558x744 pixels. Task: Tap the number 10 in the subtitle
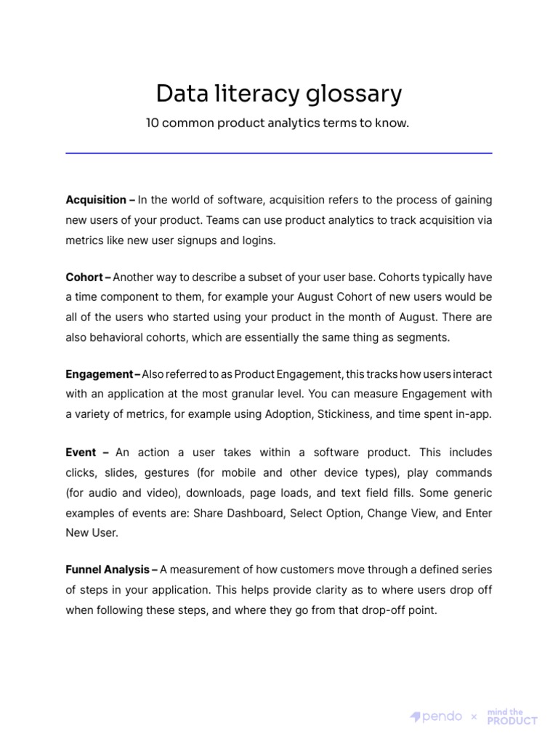[x=153, y=124]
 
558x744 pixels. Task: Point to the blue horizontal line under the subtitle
[x=279, y=153]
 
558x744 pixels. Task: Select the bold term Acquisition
[x=96, y=200]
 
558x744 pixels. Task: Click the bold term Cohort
[x=84, y=277]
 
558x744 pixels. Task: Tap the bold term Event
[x=81, y=453]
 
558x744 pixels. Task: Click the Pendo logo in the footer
[x=437, y=716]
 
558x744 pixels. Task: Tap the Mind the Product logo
[x=511, y=716]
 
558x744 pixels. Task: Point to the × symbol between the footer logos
[x=474, y=717]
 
